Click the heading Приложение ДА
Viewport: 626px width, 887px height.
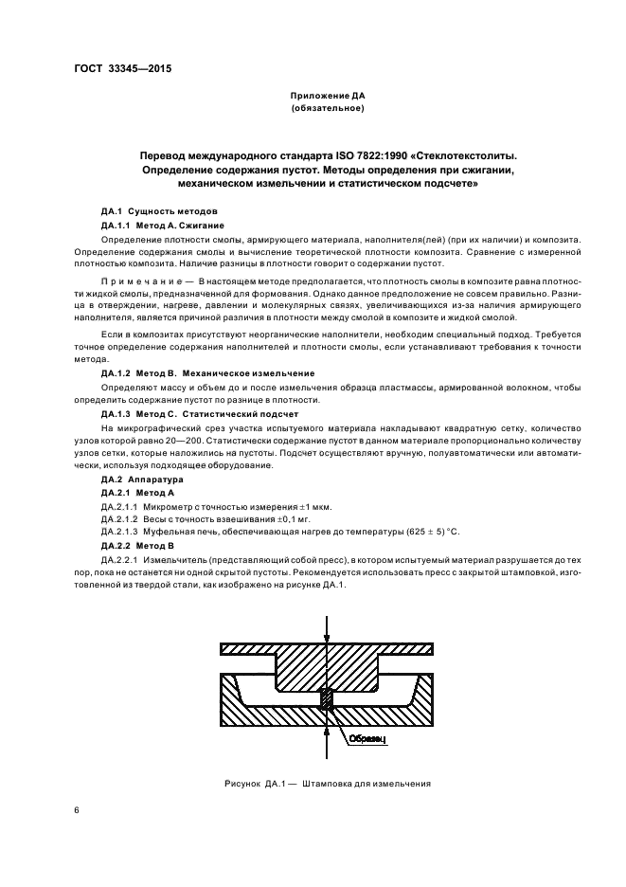[x=327, y=96]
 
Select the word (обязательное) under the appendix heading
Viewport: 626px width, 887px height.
[x=327, y=109]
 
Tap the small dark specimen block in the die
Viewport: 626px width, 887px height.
[x=327, y=697]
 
